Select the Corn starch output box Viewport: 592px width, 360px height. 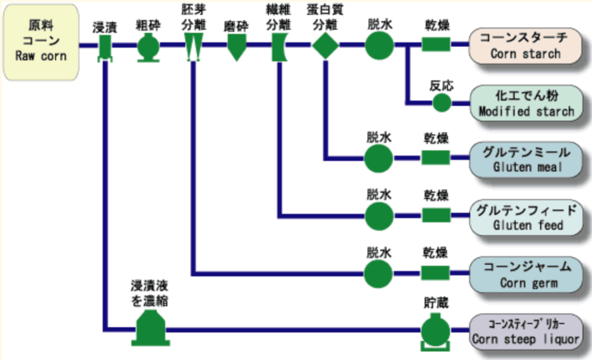(x=526, y=45)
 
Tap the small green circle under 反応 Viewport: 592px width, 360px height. (x=442, y=102)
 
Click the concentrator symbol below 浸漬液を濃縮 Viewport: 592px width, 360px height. (x=149, y=327)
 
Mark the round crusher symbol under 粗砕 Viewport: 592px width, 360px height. (x=147, y=46)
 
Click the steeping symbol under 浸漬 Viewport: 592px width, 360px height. (x=105, y=46)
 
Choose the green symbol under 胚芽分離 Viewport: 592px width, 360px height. (x=192, y=46)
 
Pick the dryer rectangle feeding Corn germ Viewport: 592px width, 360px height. (x=437, y=274)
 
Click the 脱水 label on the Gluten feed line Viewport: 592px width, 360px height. (x=379, y=195)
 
